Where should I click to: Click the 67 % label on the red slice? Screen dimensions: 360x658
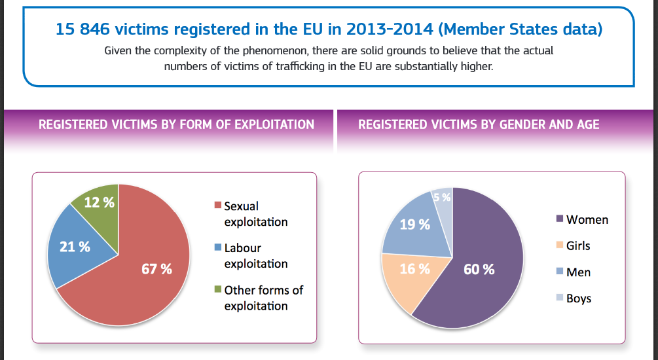(157, 268)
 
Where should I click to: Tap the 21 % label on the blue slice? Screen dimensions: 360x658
(75, 247)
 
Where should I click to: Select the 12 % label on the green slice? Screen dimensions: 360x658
(100, 202)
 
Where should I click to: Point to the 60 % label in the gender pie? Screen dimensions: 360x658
(479, 269)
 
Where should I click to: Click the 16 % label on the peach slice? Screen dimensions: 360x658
(414, 269)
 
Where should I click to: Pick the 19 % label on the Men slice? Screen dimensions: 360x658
(414, 225)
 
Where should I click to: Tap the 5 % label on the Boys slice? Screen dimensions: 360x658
(441, 197)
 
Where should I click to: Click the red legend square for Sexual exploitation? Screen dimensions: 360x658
(219, 206)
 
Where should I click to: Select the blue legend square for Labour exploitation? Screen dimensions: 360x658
(219, 248)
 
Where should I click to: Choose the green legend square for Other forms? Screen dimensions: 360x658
(219, 290)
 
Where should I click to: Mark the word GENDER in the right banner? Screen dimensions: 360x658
(507, 124)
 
